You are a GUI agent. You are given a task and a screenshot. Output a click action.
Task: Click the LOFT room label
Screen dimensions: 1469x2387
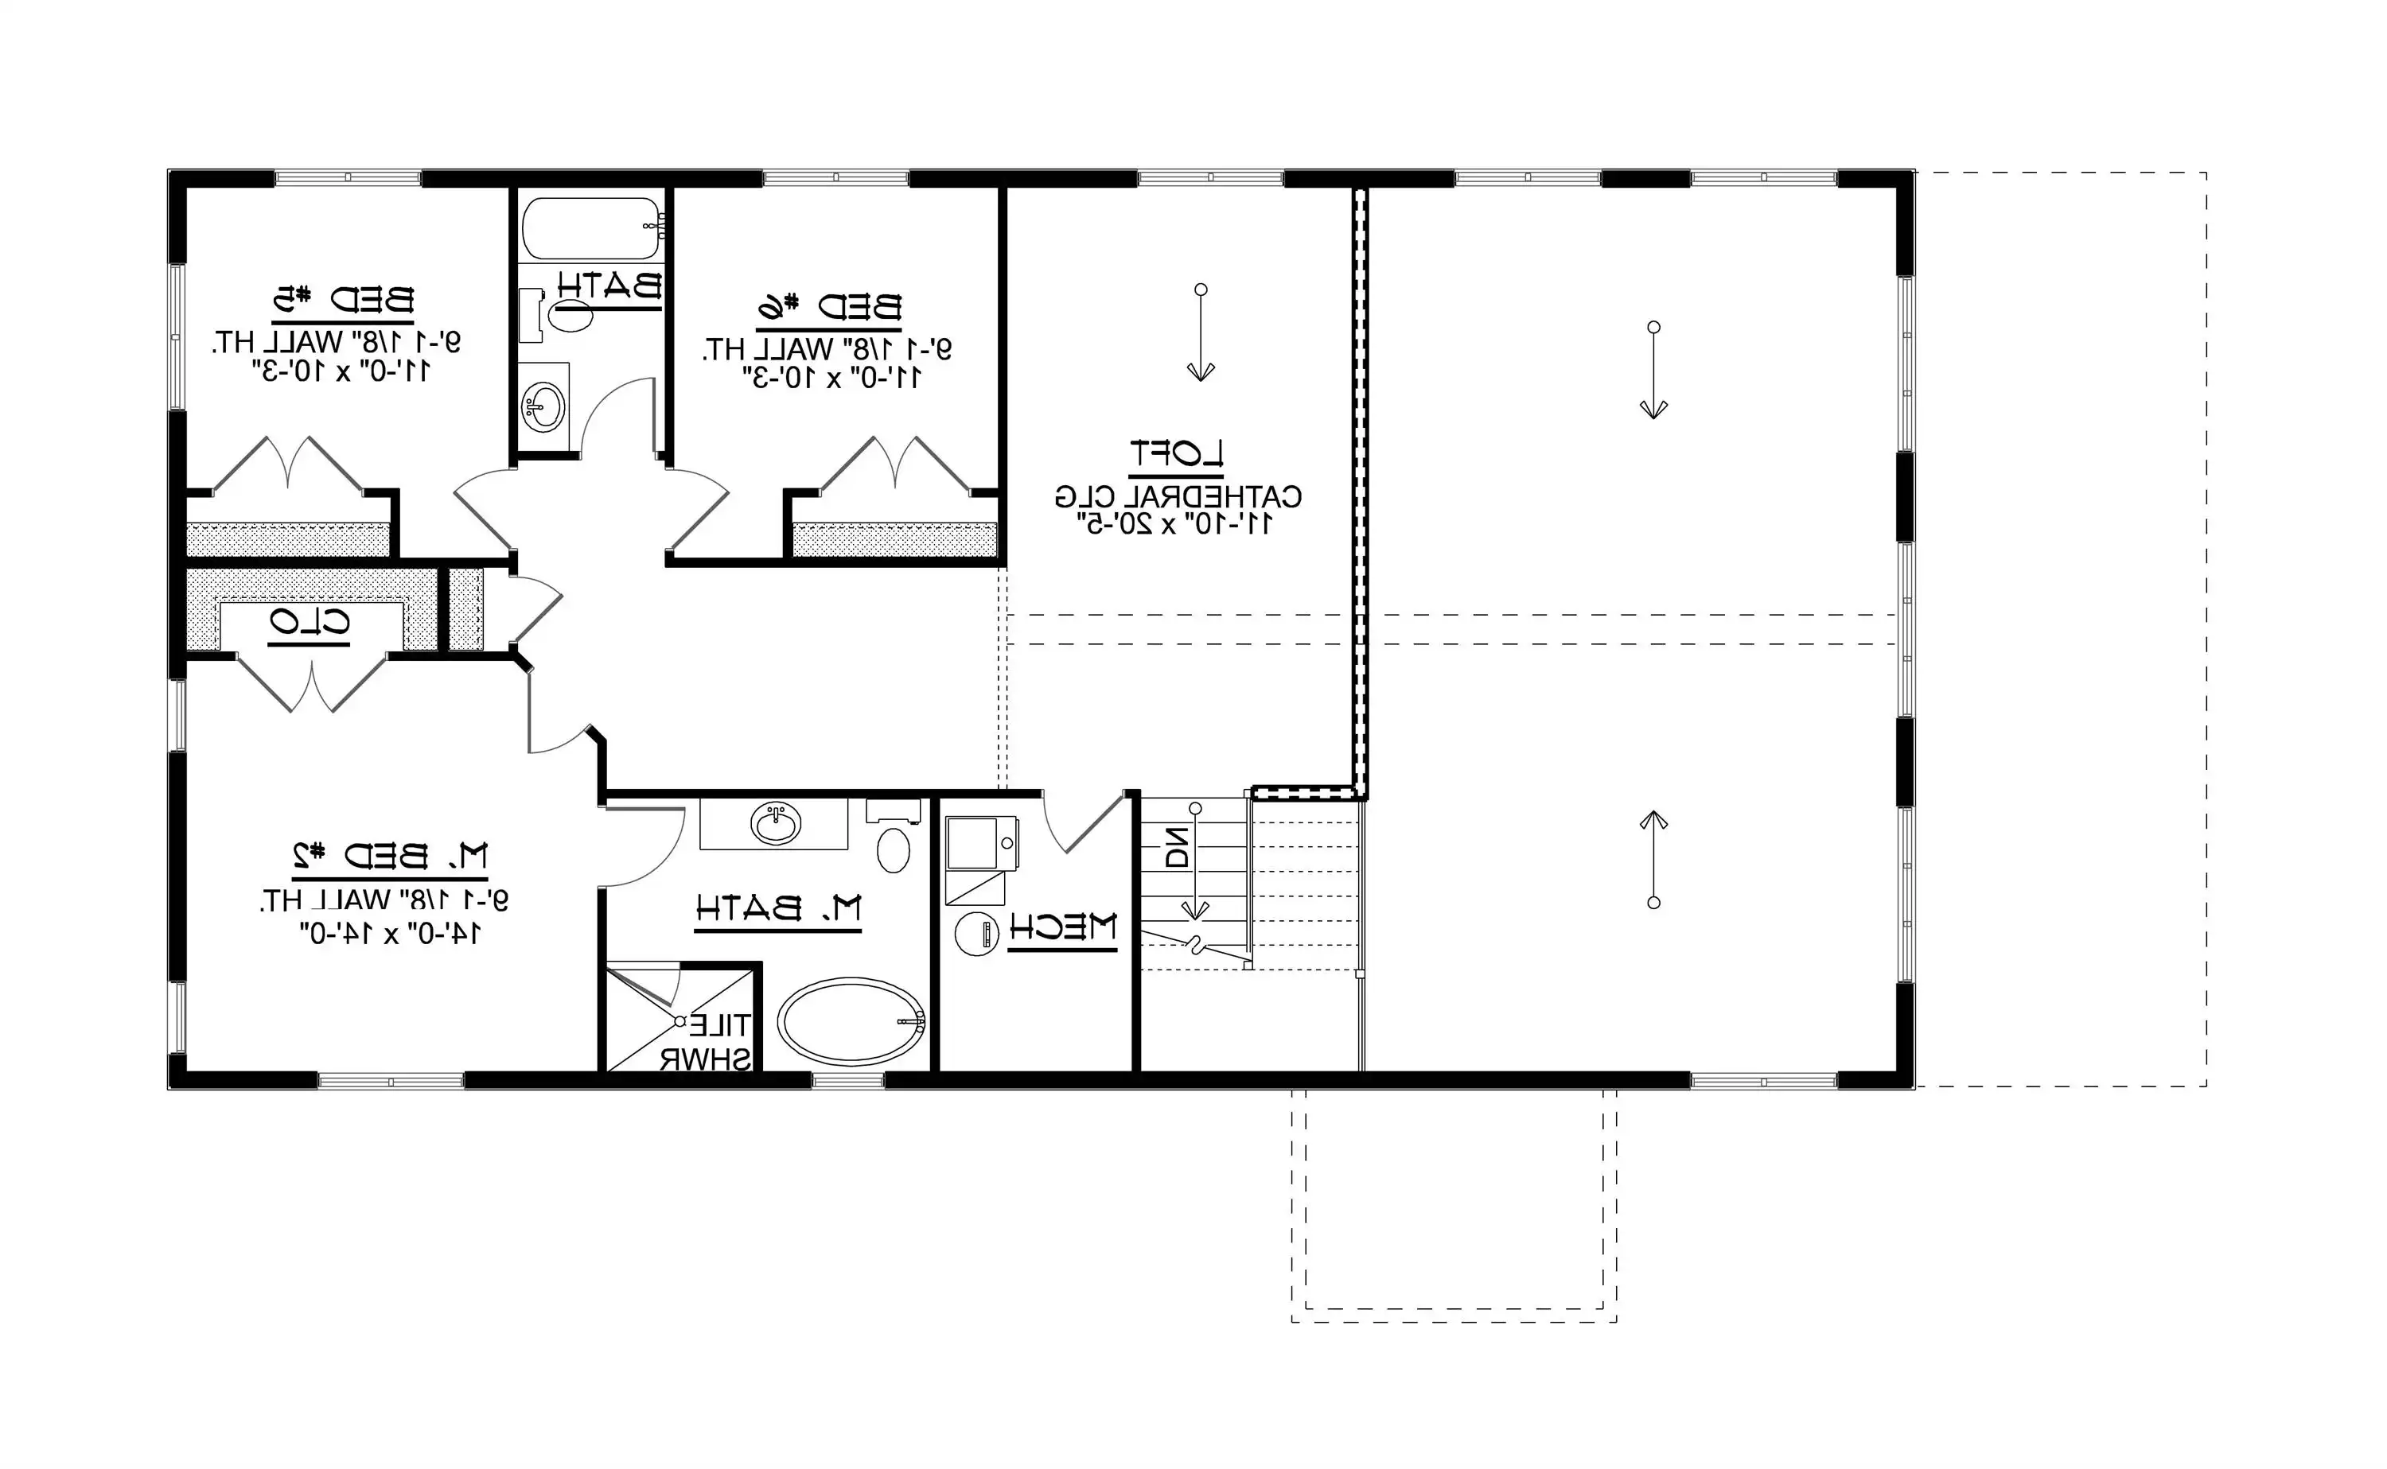(x=1176, y=453)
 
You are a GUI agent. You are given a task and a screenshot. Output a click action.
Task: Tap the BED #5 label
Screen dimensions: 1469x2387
(x=342, y=299)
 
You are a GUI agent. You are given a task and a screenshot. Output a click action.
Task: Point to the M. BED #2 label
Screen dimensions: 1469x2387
(x=391, y=856)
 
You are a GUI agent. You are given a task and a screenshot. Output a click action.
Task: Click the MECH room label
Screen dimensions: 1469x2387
(x=1062, y=927)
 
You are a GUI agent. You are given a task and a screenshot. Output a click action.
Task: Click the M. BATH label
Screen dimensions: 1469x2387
(x=778, y=908)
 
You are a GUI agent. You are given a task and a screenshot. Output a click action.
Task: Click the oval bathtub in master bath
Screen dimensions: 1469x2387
(x=851, y=1021)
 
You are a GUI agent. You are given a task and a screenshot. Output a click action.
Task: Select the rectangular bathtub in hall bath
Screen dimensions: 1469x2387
(x=591, y=227)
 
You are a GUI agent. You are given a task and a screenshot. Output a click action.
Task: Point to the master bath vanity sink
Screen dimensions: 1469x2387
(x=775, y=824)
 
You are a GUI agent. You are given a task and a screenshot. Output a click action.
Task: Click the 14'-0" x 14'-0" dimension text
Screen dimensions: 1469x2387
(x=390, y=934)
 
